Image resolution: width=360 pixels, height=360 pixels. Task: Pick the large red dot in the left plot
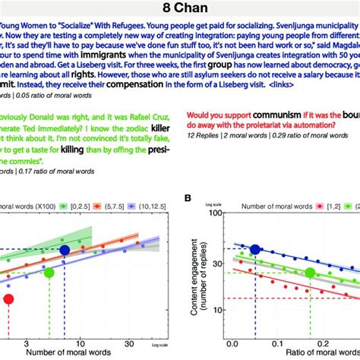(9, 299)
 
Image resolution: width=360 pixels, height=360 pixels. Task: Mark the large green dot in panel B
(311, 273)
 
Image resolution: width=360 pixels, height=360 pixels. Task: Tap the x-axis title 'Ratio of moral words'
(296, 354)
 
